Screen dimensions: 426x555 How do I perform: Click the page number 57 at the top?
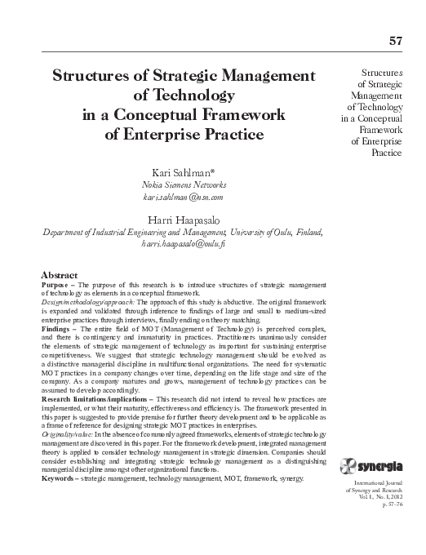click(397, 41)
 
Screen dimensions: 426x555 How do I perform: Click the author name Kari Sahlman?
click(183, 171)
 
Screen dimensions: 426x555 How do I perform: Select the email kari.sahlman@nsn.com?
click(183, 198)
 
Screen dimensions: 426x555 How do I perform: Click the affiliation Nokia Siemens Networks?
click(183, 184)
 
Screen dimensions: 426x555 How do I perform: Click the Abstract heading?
click(60, 275)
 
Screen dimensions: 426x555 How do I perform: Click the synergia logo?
click(377, 465)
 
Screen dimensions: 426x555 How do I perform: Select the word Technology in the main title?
click(183, 95)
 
